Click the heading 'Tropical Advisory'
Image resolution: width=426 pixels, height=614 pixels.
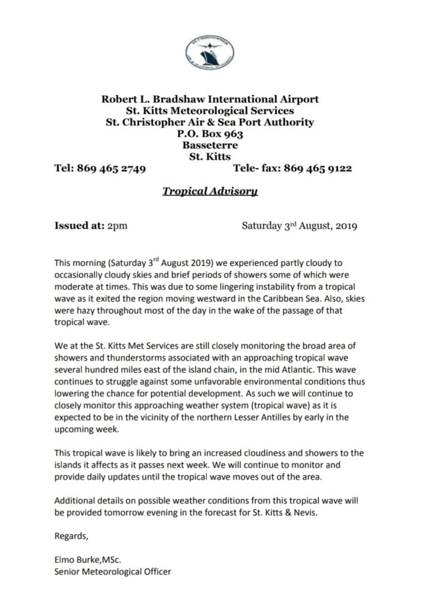tap(210, 192)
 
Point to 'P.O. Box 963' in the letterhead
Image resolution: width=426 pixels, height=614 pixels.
tap(210, 134)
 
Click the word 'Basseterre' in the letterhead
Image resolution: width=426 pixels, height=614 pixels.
tap(210, 145)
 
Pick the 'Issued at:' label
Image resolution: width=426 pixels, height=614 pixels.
tap(78, 226)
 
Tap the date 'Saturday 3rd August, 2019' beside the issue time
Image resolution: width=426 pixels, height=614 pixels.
tap(299, 226)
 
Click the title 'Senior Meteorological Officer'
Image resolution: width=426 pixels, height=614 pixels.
tap(113, 571)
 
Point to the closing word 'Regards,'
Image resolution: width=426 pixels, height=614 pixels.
tap(71, 535)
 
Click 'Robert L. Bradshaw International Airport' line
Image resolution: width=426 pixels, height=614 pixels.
tap(210, 99)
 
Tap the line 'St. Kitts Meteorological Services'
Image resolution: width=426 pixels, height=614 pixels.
tap(210, 110)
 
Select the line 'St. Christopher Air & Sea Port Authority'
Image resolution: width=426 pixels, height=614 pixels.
tap(210, 122)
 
